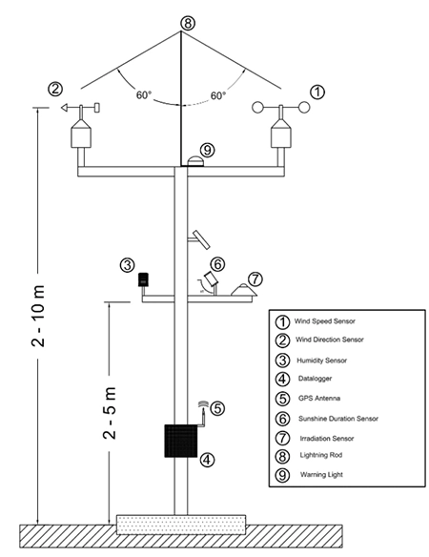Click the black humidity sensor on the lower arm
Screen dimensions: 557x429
tap(144, 279)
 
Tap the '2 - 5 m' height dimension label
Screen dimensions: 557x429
tap(111, 416)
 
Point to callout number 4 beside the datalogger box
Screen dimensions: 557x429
tap(208, 460)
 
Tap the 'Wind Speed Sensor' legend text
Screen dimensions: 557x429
tap(327, 320)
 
